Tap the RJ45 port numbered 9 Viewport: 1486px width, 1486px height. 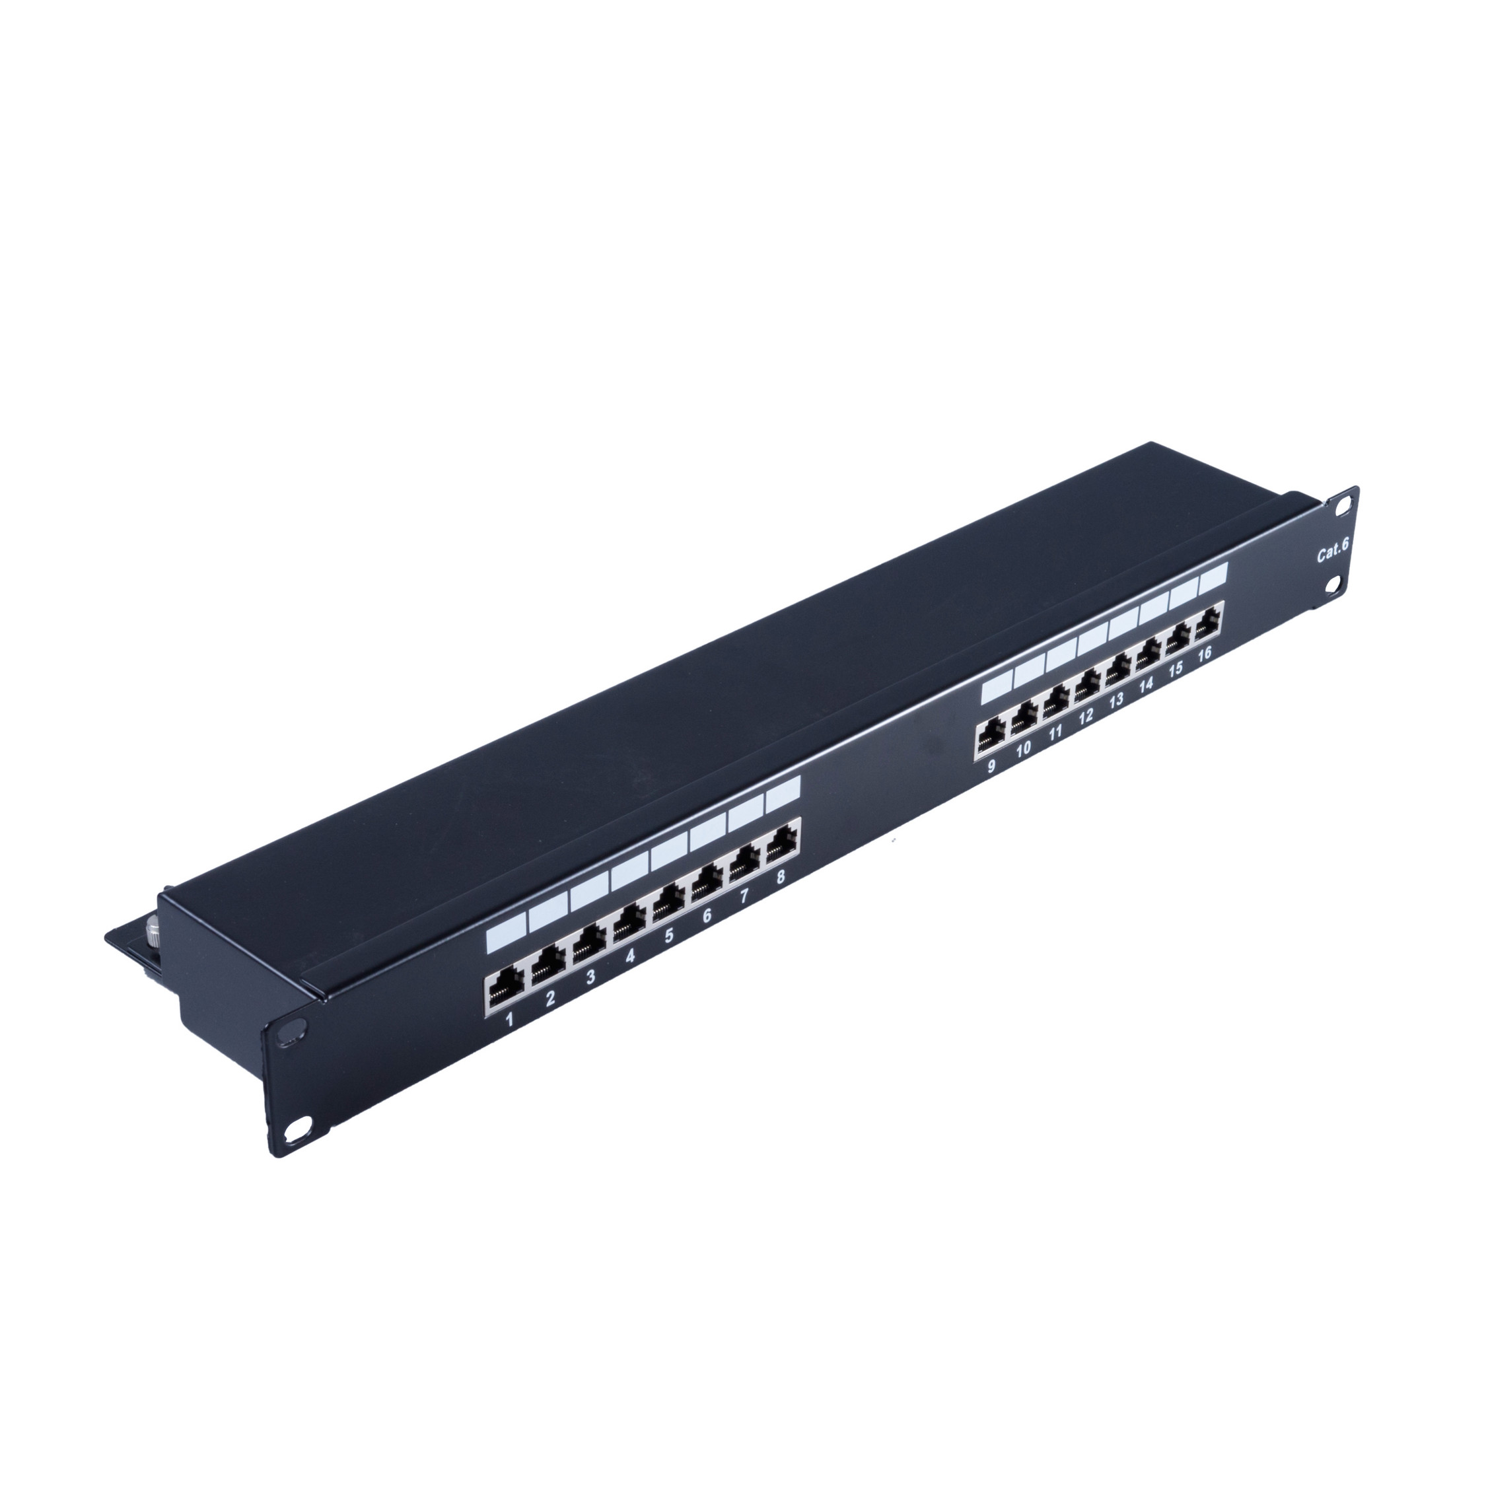tap(992, 740)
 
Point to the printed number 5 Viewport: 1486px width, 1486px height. tap(669, 958)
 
